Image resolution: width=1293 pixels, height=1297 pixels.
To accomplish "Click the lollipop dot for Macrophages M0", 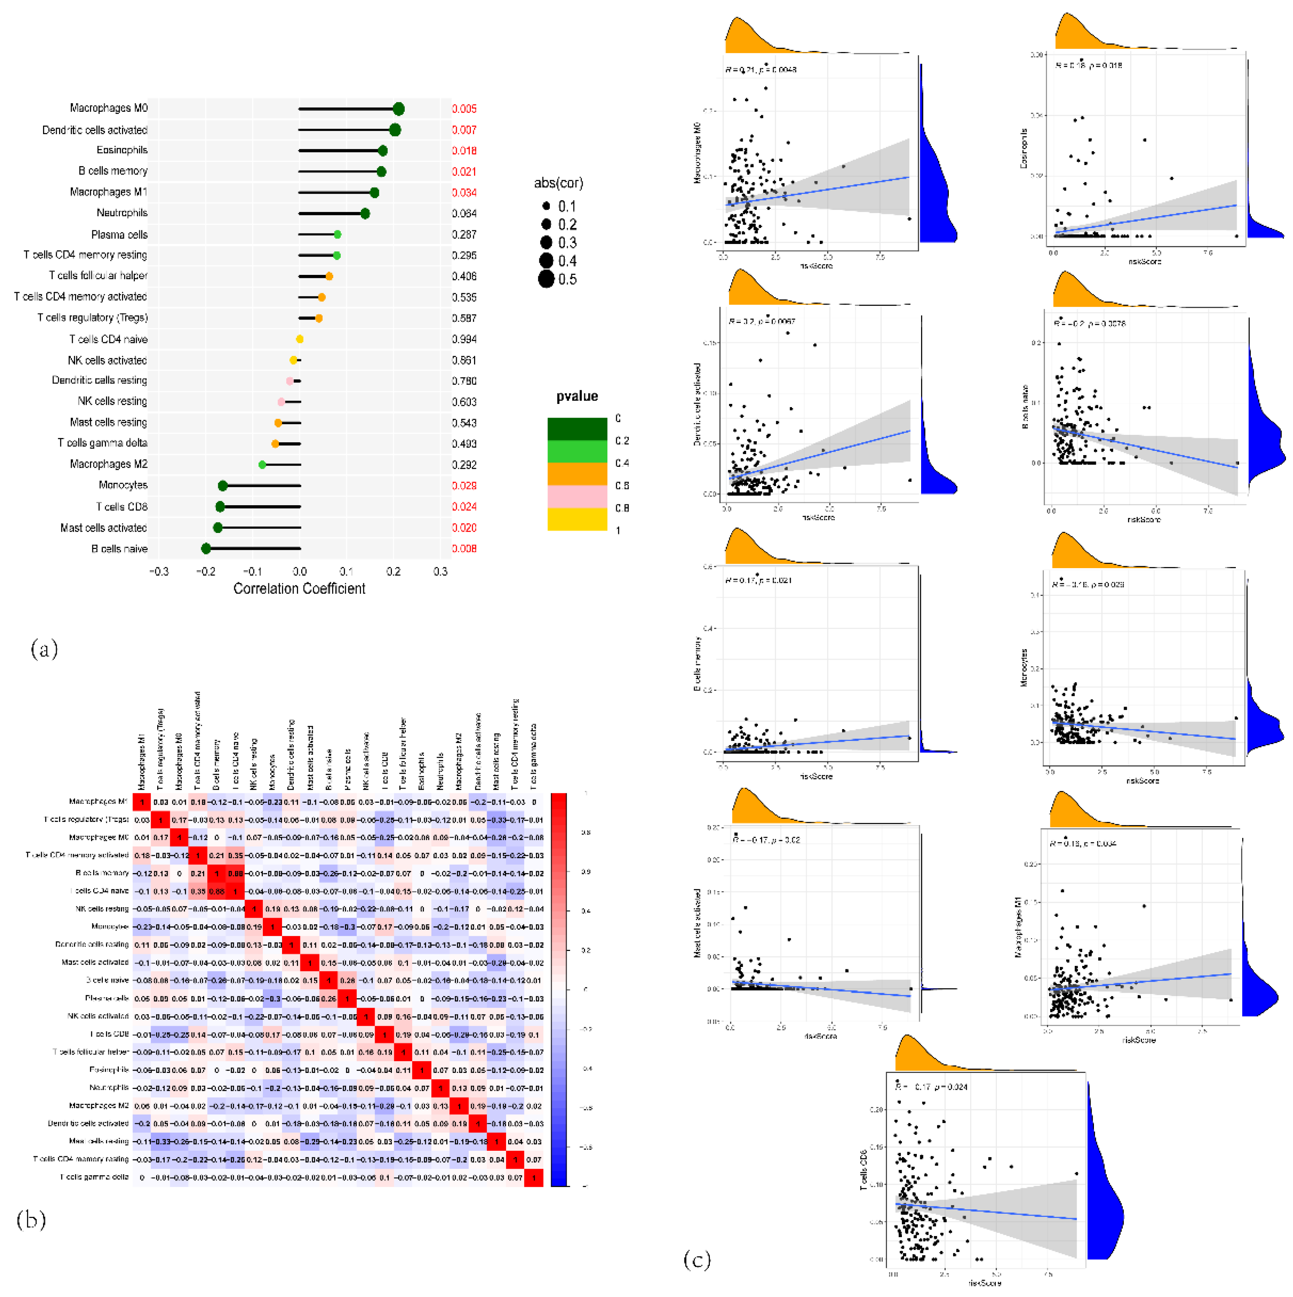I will [398, 109].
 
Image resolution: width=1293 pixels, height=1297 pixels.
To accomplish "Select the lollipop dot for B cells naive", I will [206, 549].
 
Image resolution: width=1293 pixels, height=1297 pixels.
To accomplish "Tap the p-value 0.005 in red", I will [464, 109].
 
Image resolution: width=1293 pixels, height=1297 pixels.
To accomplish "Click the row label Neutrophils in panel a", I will [122, 213].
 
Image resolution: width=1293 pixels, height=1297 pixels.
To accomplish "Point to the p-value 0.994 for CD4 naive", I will [464, 339].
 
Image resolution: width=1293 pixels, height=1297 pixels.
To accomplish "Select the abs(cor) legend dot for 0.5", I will [546, 279].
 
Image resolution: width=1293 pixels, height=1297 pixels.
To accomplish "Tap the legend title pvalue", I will [576, 396].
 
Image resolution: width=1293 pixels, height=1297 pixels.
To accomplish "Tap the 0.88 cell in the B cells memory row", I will [235, 874].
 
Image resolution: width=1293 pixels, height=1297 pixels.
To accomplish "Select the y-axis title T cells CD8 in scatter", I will [863, 1170].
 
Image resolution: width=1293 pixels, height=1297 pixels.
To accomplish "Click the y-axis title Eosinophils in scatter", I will [1024, 149].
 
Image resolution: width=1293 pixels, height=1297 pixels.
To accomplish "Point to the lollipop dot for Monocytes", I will [223, 485].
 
